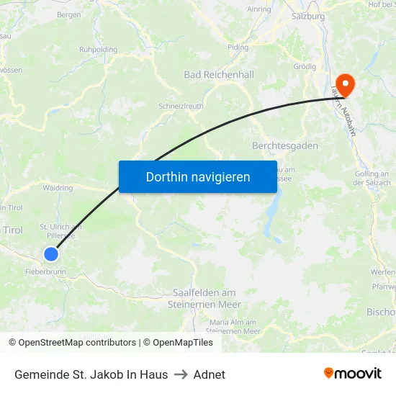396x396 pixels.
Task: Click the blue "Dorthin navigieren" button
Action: [197, 176]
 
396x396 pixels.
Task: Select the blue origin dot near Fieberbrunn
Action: [51, 254]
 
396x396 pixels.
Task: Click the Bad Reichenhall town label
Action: [219, 74]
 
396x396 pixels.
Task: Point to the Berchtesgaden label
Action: [285, 145]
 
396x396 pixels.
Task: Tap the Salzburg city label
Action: [308, 15]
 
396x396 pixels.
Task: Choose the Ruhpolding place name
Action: [98, 50]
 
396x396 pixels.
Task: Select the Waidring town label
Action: [58, 188]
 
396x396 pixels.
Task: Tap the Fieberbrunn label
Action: [45, 273]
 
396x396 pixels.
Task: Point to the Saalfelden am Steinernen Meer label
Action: [204, 298]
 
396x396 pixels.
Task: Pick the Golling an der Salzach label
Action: [372, 178]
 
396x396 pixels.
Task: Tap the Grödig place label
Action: [305, 66]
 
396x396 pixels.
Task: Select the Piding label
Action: [238, 48]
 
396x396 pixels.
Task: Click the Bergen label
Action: [68, 14]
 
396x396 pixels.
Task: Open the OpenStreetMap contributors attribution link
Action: [77, 343]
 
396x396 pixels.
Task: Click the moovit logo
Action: [353, 374]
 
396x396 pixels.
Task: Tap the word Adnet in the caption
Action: [210, 374]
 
